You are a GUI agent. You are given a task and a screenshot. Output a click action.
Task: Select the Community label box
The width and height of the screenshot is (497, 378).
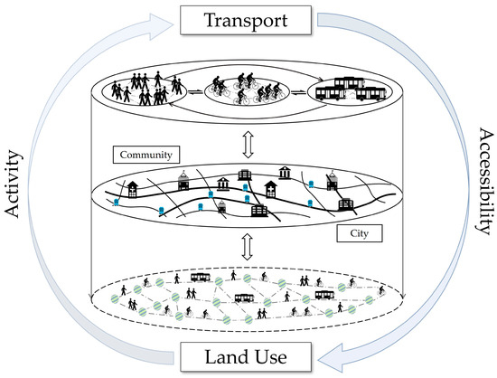click(x=145, y=155)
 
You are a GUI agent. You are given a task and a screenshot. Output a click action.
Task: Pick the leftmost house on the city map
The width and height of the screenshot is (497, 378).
click(x=131, y=189)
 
